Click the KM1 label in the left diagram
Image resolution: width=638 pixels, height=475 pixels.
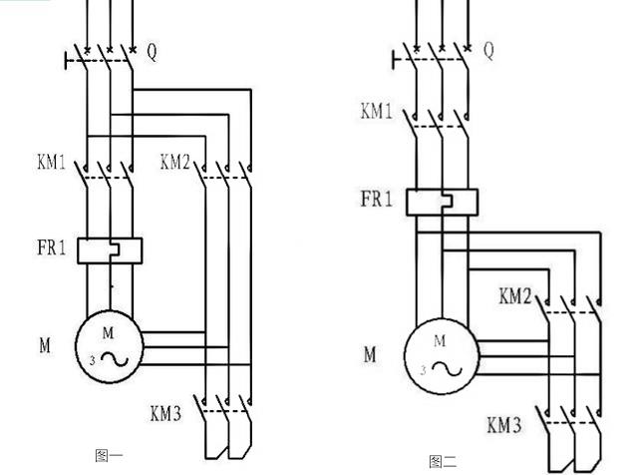click(51, 162)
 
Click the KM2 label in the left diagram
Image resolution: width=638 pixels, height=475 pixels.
click(175, 162)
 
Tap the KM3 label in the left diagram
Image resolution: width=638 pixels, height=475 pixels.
click(166, 414)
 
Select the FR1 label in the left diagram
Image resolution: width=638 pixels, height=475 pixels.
click(51, 247)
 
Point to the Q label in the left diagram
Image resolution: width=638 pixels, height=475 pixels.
click(152, 52)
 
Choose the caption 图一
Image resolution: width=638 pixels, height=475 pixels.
click(109, 456)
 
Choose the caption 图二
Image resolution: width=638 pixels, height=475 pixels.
click(443, 462)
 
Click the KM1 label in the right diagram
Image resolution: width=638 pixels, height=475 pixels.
click(377, 111)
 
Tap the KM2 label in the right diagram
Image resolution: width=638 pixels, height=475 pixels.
click(515, 296)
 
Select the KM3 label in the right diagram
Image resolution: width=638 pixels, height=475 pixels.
click(504, 425)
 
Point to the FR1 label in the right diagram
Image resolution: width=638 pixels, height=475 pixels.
click(377, 199)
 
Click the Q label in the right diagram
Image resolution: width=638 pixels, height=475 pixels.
click(488, 50)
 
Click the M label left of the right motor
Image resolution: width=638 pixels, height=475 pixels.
click(370, 354)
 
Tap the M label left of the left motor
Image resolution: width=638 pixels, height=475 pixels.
click(45, 345)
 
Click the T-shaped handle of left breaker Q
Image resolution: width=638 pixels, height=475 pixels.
click(66, 60)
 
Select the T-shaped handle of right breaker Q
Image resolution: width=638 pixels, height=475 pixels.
click(394, 60)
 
